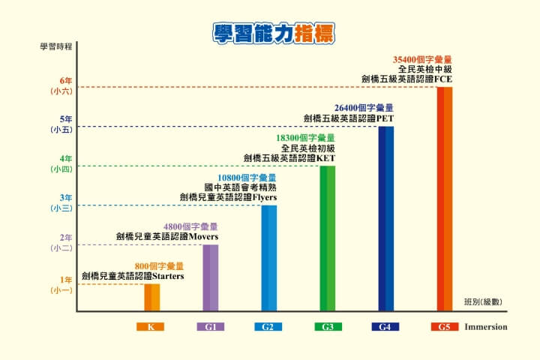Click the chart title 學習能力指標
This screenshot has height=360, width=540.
click(273, 34)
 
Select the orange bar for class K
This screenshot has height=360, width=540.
click(152, 297)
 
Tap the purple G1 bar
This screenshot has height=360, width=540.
click(211, 277)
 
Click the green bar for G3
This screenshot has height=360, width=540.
click(328, 238)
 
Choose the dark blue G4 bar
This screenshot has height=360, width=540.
click(386, 218)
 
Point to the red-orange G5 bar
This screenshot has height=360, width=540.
click(445, 199)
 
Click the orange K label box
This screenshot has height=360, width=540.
click(151, 327)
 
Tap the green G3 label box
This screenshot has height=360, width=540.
click(328, 327)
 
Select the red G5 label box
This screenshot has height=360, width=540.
click(445, 327)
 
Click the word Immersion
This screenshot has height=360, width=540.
click(486, 327)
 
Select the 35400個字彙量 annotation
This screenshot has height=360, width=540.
click(423, 59)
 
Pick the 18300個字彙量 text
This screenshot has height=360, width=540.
click(305, 138)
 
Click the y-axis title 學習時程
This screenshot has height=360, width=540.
click(56, 46)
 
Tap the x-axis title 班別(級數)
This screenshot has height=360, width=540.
click(482, 301)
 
